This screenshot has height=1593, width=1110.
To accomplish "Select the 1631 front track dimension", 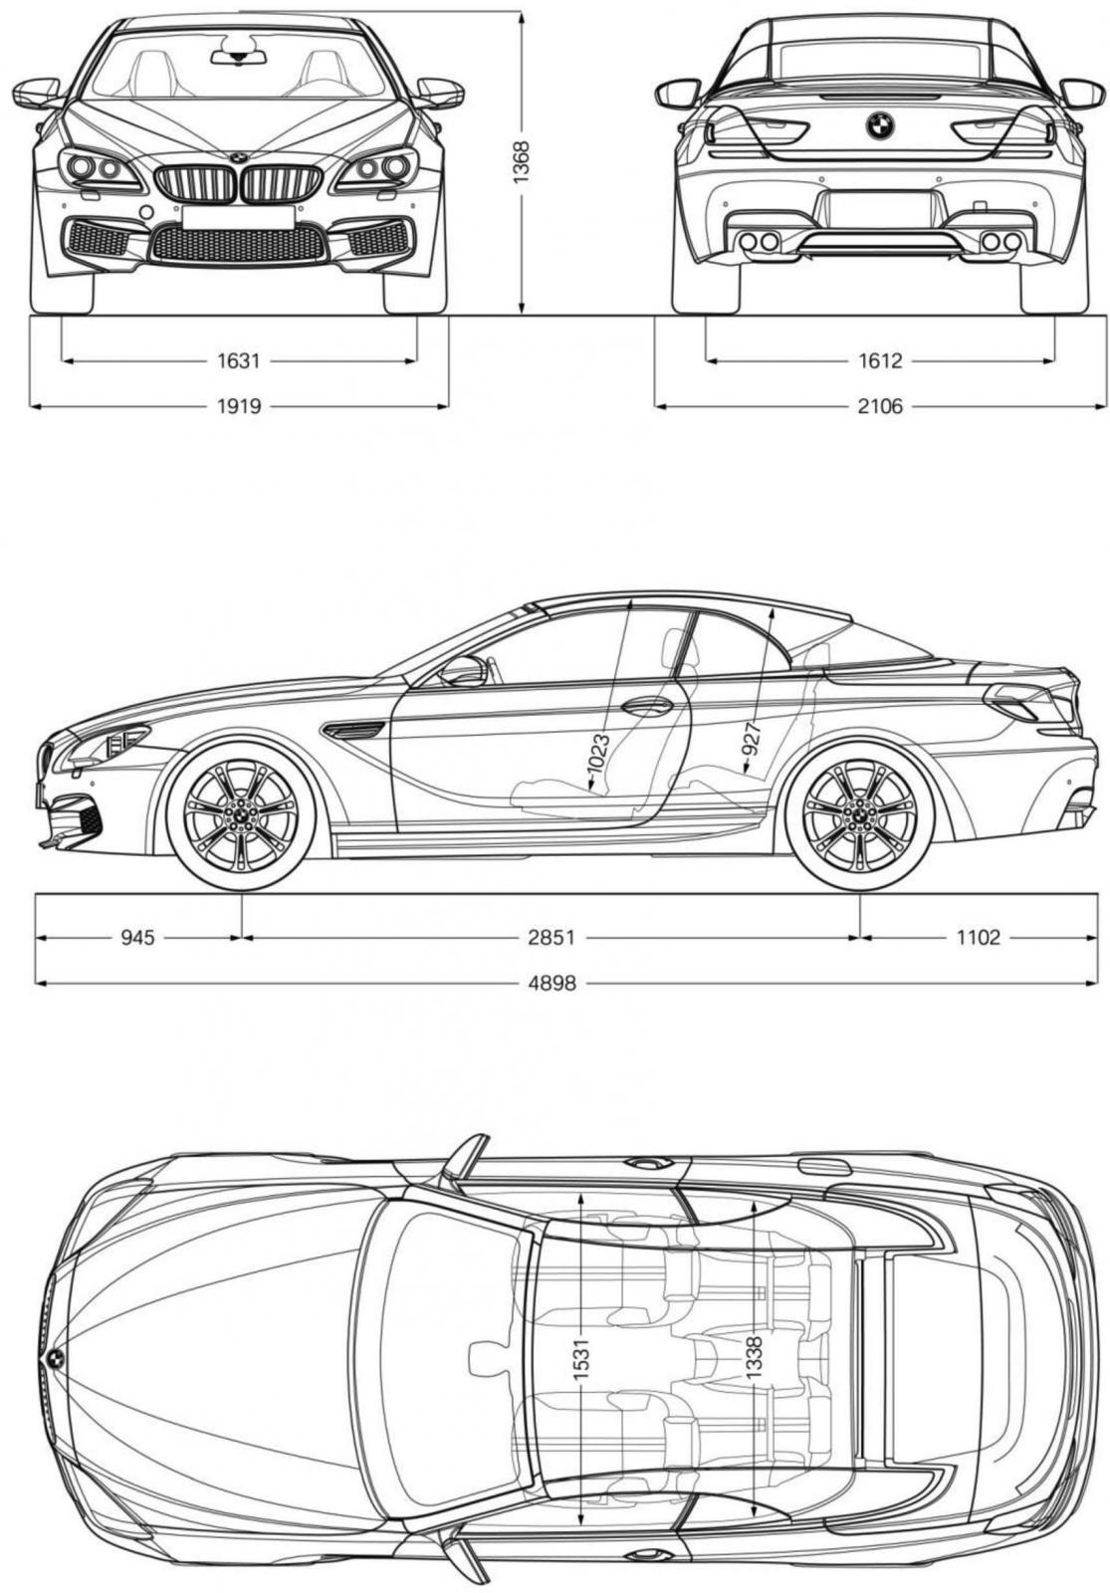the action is pos(239,361).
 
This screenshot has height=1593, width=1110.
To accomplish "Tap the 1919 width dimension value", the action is pos(239,407).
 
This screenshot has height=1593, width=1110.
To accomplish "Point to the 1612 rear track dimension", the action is pos(880,361).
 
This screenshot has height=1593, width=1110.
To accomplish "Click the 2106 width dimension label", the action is pos(880,407).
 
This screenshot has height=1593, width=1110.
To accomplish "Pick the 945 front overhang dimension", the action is pos(137,937).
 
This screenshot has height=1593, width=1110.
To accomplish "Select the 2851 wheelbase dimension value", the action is pos(551,937).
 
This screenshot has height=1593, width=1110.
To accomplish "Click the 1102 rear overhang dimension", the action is pos(978,937).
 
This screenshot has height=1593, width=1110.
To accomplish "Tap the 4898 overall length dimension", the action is pos(552,984).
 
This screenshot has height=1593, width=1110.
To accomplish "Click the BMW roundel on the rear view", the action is pos(880,125).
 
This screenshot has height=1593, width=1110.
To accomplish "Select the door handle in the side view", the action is pos(646,706).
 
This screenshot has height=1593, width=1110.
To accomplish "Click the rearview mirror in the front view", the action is pos(239,56).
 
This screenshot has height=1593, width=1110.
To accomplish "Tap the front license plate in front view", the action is pos(238,218).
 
